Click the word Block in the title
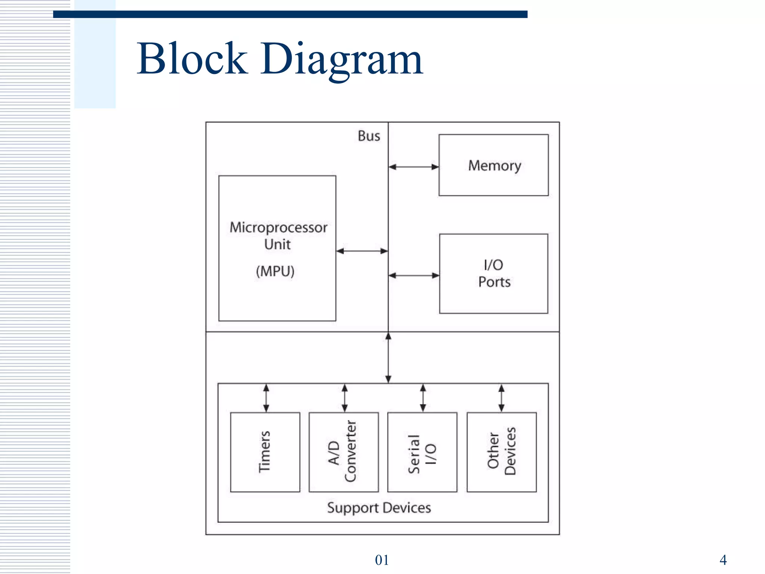point(192,59)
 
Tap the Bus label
point(369,136)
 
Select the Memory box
point(493,165)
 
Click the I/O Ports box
point(493,274)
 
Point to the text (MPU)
point(275,271)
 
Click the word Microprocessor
point(278,227)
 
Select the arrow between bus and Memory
point(414,167)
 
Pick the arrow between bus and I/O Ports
point(414,275)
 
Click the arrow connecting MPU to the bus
point(362,251)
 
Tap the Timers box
point(265,452)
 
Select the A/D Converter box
point(344,452)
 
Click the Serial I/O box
point(422,452)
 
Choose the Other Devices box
point(502,452)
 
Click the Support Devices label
point(379,508)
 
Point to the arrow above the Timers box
point(266,398)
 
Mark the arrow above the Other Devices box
point(501,398)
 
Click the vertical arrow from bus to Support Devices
point(388,358)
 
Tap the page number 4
point(723,560)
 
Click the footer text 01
point(382,560)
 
